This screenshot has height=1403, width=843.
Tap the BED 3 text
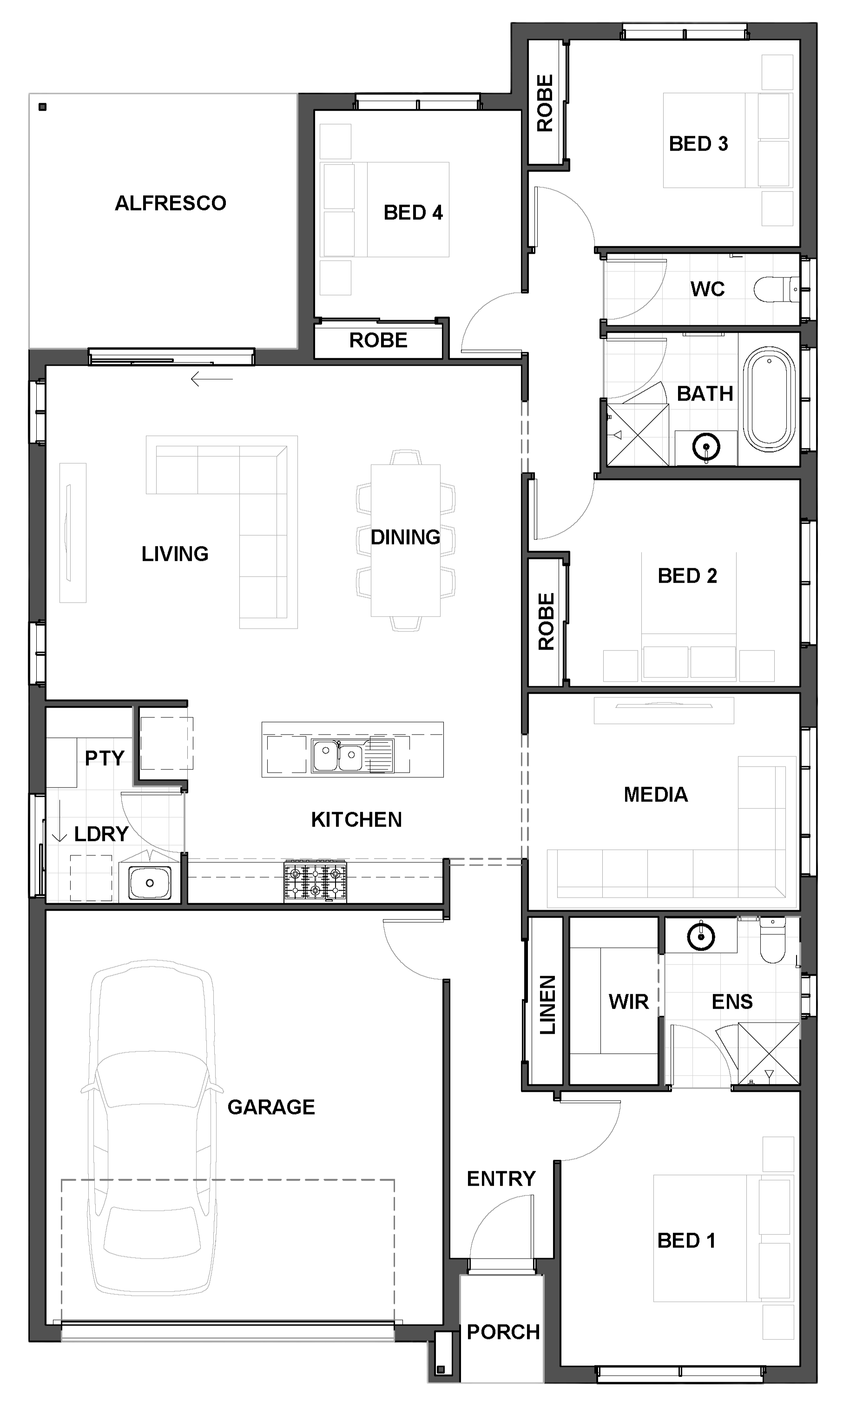point(698,144)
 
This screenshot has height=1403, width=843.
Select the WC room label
point(707,289)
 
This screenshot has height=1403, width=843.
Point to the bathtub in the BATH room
point(769,400)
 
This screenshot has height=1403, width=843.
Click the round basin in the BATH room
point(706,447)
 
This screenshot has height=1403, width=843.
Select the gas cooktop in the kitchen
point(315,882)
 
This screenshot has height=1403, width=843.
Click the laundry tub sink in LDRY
point(149,882)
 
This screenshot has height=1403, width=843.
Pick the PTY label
point(105,758)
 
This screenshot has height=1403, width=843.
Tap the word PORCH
point(503,1332)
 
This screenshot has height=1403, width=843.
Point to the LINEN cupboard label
point(547,1005)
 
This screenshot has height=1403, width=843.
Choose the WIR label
point(628,1002)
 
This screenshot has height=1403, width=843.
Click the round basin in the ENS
point(701,937)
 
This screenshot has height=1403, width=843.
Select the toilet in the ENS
point(772,940)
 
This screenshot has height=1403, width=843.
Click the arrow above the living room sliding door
point(212,379)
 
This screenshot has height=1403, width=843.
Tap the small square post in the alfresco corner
point(43,107)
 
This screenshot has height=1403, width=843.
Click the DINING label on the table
point(406,537)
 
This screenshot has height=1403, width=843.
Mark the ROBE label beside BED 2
point(546,622)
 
